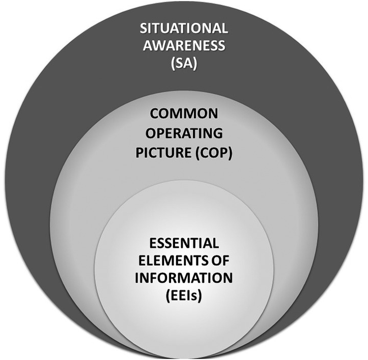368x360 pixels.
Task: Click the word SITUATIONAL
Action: (184, 28)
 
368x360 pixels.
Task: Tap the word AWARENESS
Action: (184, 46)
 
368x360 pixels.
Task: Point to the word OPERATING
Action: (184, 135)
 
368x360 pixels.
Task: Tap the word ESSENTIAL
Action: (184, 243)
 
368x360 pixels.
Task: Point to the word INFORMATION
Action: (184, 278)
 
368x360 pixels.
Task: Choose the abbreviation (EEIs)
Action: (184, 296)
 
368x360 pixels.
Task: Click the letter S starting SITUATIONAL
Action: (144, 28)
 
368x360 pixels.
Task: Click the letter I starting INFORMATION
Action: (137, 278)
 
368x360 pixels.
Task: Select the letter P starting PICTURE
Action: (140, 152)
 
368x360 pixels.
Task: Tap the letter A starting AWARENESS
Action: (148, 46)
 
